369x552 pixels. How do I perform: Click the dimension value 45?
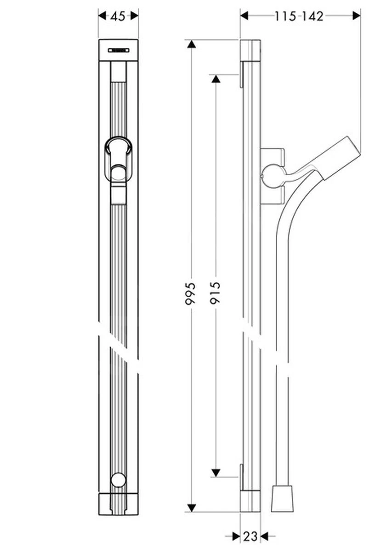click(118, 16)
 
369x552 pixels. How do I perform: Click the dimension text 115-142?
click(299, 16)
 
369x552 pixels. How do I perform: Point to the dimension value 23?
click(250, 536)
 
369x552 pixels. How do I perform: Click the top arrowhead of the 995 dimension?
click(191, 45)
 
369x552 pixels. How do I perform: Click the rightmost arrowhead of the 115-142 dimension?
click(356, 16)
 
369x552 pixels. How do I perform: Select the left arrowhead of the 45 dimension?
click(102, 16)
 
